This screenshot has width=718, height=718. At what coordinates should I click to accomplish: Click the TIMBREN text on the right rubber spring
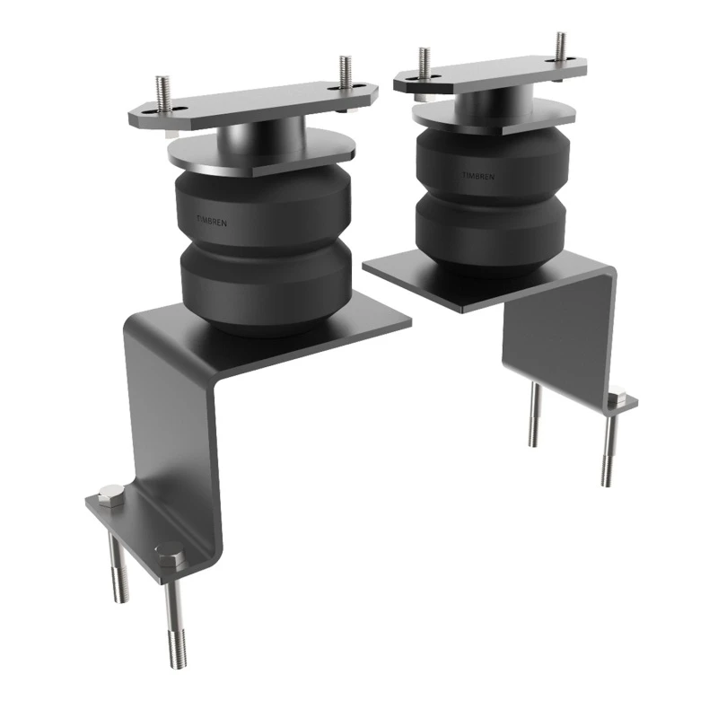tap(478, 175)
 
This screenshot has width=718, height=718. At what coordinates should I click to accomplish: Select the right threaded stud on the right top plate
tap(561, 47)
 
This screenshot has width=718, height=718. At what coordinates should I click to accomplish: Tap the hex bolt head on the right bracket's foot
tap(617, 396)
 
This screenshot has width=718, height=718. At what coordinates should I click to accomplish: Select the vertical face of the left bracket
tap(171, 422)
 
